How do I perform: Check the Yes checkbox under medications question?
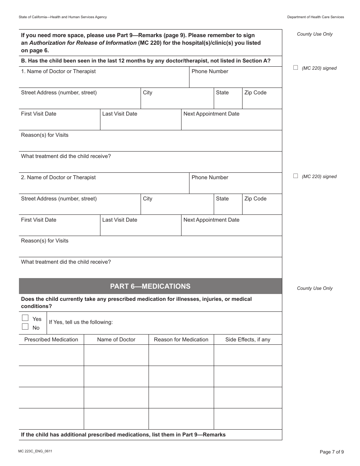coord(25,318)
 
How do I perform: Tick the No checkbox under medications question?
coord(25,327)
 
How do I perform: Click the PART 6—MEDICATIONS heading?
coord(150,286)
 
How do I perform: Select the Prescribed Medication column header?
coord(51,339)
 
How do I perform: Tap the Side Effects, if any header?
coord(248,339)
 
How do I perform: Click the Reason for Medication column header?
coord(181,339)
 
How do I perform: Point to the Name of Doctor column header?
coord(116,339)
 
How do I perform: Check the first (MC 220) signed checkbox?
coord(296,67)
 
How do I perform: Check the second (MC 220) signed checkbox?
coord(296,176)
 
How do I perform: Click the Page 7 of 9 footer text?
coord(332,452)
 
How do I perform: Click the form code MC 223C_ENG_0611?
coord(35,451)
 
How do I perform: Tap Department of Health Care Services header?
coord(315,17)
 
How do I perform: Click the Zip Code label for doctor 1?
coord(255,92)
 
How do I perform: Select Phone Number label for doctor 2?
coord(210,177)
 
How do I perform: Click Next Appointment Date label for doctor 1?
coord(211,114)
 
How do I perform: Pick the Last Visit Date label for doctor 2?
coord(120,220)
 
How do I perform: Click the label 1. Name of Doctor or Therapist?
coord(58,71)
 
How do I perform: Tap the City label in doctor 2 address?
coord(147,199)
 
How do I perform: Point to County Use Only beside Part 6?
coord(315,288)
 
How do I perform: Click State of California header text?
coord(63,17)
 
